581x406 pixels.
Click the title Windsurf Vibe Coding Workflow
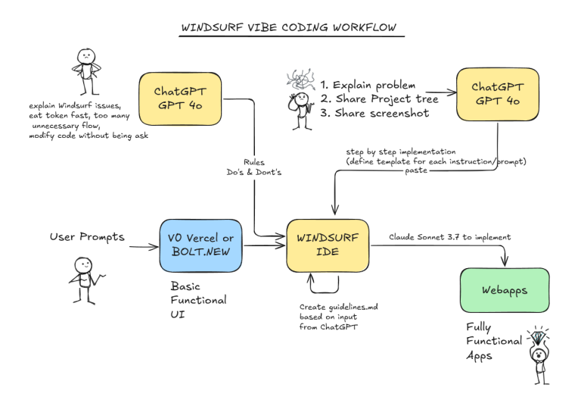click(x=287, y=29)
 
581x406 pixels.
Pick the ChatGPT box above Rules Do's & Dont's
click(x=181, y=98)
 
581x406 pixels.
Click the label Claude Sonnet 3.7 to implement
click(x=450, y=237)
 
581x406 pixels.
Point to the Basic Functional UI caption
click(x=198, y=300)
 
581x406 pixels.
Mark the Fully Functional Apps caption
click(x=493, y=341)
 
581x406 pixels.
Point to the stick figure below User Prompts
click(x=85, y=278)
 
